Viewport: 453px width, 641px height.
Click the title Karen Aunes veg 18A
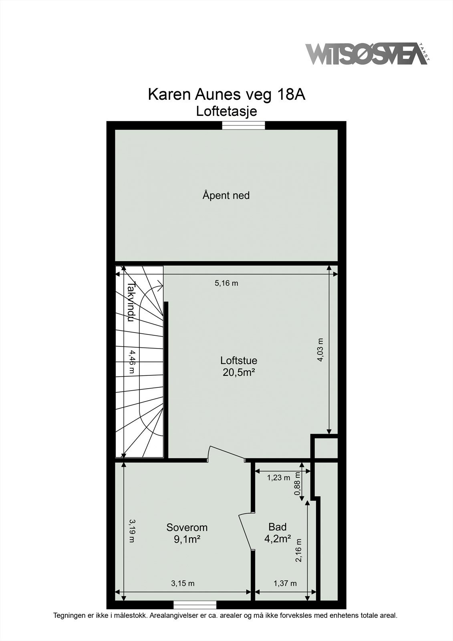pyautogui.click(x=226, y=95)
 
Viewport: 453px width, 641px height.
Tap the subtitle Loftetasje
pyautogui.click(x=226, y=111)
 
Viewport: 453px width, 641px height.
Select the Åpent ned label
pyautogui.click(x=226, y=196)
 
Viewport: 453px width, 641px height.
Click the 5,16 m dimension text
pyautogui.click(x=226, y=283)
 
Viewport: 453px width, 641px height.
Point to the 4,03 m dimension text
pyautogui.click(x=320, y=350)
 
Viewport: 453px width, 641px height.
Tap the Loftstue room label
pyautogui.click(x=239, y=360)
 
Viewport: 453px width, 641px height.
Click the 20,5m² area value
pyautogui.click(x=239, y=373)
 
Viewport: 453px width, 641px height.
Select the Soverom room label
pyautogui.click(x=187, y=527)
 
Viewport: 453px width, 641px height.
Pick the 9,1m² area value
pyautogui.click(x=187, y=539)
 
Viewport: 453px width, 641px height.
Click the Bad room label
pyautogui.click(x=278, y=526)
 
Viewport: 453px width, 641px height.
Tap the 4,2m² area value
pyautogui.click(x=278, y=539)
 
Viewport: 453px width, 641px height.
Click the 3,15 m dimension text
pyautogui.click(x=183, y=583)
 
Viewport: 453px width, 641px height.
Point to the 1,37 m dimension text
pyautogui.click(x=285, y=583)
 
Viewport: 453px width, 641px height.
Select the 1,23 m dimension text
pyautogui.click(x=279, y=478)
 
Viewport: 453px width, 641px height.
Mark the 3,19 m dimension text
pyautogui.click(x=131, y=531)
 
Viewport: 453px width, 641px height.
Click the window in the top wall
pyautogui.click(x=244, y=125)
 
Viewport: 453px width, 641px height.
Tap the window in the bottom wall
pyautogui.click(x=195, y=605)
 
